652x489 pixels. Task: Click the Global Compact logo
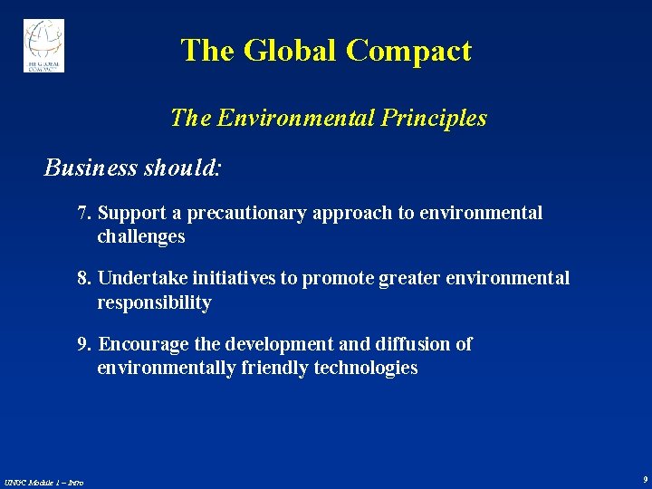point(43,45)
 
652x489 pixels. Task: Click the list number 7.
point(85,214)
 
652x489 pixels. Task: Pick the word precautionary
point(245,214)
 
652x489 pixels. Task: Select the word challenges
point(140,237)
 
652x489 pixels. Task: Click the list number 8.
point(85,279)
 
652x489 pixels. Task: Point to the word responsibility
point(154,303)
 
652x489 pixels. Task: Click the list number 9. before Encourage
point(85,345)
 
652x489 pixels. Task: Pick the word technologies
point(366,369)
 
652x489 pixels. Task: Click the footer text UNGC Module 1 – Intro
point(44,482)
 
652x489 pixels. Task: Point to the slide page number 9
point(644,479)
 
